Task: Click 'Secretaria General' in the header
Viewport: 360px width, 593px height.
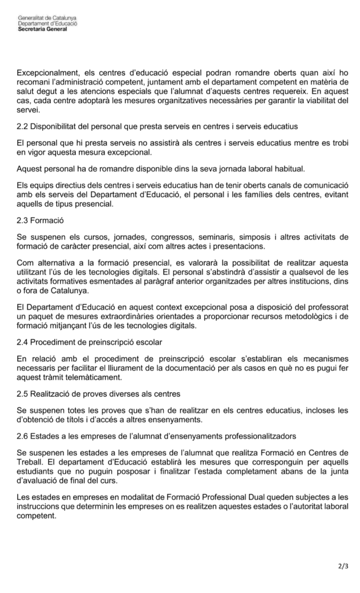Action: click(42, 29)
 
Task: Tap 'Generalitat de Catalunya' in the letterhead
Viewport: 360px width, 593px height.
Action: click(47, 19)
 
